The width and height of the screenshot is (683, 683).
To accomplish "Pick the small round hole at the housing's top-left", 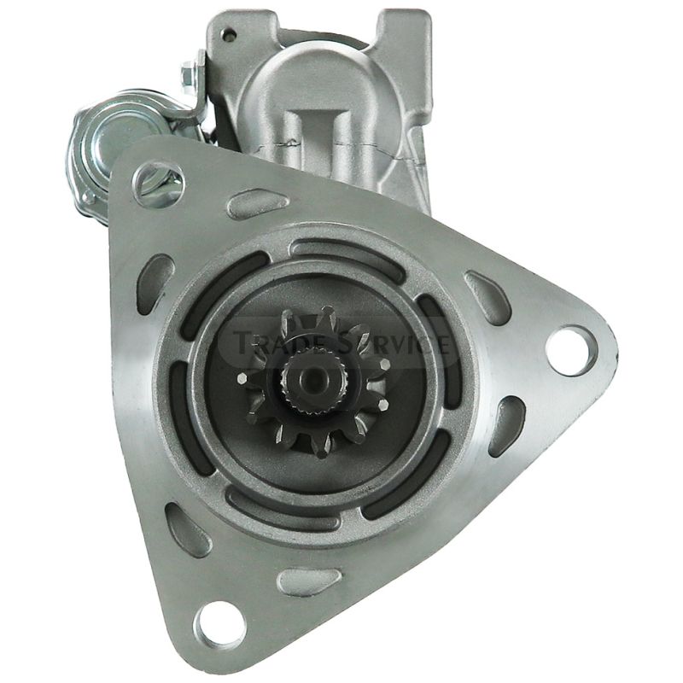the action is coord(228,32).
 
